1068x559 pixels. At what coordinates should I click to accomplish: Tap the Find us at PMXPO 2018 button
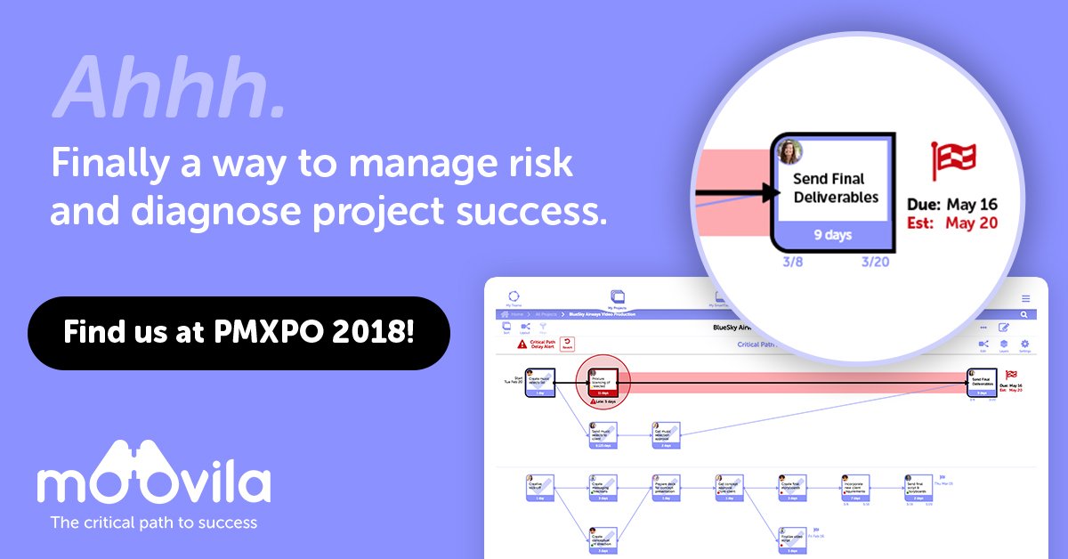point(239,333)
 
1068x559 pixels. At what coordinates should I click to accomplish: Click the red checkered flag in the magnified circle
point(953,160)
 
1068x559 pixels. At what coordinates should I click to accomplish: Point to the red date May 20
point(972,223)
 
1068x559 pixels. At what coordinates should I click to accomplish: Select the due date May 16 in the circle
point(972,206)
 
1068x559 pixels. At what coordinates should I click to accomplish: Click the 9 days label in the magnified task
point(834,235)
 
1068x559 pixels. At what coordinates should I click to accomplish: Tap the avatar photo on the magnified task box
point(789,151)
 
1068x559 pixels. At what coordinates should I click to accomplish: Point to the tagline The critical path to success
point(153,523)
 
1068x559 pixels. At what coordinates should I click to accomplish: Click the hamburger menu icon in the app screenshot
point(1025,298)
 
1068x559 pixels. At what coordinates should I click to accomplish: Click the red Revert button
point(567,344)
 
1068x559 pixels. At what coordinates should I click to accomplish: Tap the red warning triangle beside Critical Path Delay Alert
point(522,344)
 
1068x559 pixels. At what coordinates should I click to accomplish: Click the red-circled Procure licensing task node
point(603,383)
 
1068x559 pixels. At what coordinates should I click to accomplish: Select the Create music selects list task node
point(541,384)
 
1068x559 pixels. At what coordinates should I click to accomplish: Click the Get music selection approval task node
point(665,436)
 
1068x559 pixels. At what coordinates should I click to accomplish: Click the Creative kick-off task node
point(541,489)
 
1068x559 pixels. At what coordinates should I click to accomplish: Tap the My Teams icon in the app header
point(513,298)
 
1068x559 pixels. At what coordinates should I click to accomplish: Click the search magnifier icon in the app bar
point(1024,315)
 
